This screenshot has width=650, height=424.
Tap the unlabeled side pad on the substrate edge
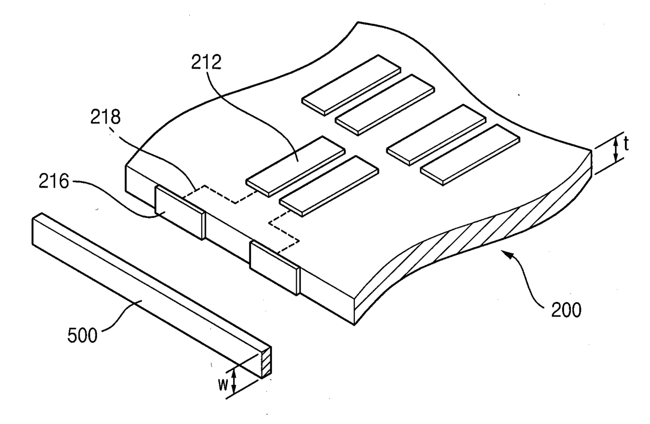(274, 267)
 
